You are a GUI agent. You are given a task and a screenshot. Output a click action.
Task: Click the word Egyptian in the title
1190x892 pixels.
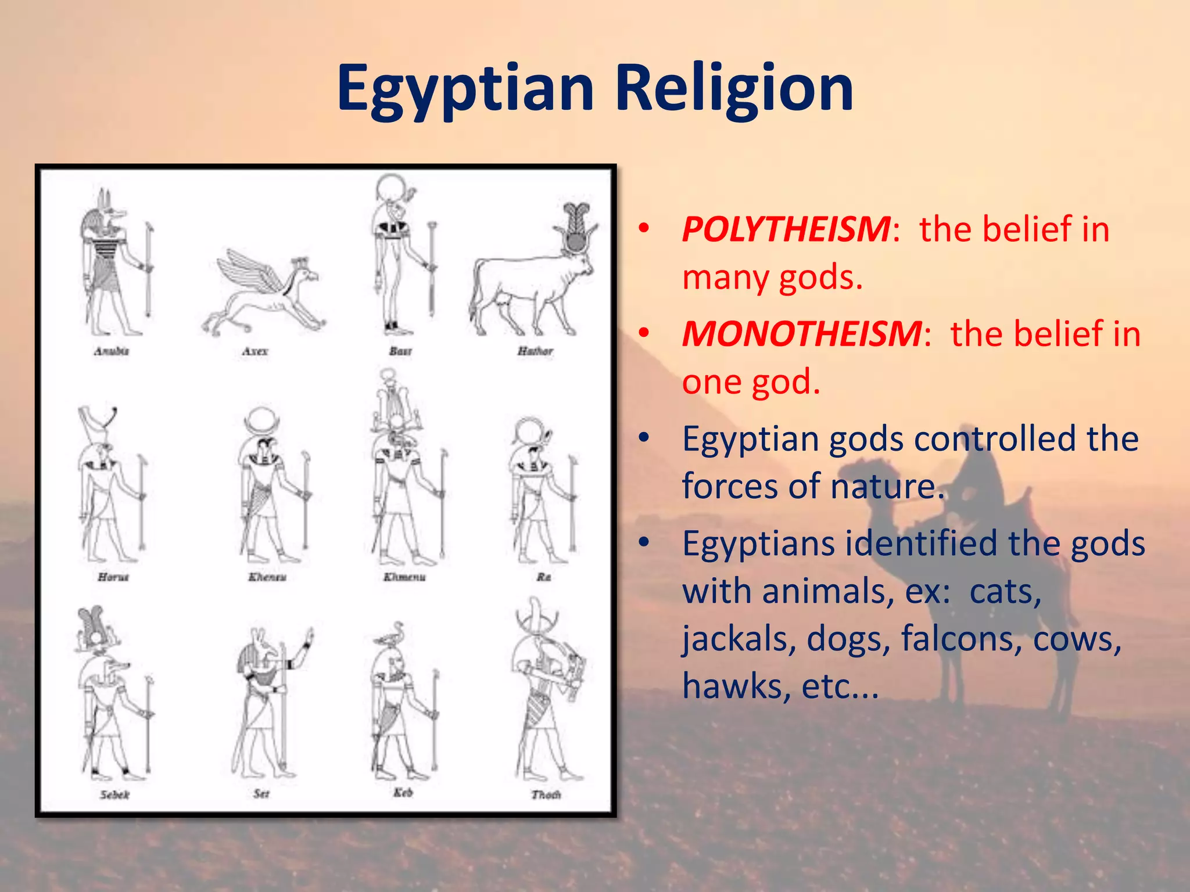[x=465, y=88]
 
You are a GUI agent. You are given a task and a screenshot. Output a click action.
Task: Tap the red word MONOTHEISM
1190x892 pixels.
[x=801, y=334]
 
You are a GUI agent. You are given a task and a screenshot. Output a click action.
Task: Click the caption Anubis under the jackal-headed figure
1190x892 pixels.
[x=112, y=351]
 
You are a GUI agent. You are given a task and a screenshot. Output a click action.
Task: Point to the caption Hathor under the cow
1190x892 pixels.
[x=535, y=351]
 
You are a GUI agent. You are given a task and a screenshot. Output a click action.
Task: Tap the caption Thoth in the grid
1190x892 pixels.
[x=546, y=794]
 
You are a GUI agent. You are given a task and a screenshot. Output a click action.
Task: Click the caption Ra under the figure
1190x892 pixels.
[x=543, y=577]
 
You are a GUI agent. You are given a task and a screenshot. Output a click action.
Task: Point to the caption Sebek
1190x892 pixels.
[x=114, y=794]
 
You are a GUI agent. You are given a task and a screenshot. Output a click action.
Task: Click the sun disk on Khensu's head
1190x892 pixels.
[x=261, y=421]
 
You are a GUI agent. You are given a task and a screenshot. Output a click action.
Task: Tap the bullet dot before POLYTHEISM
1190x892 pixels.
[x=643, y=229]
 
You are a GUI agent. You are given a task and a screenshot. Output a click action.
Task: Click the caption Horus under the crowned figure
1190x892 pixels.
[x=113, y=577]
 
